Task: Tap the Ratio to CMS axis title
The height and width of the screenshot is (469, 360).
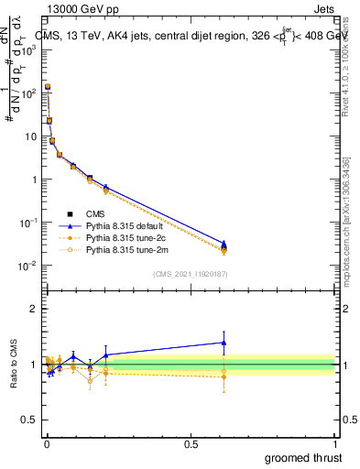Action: pyautogui.click(x=14, y=365)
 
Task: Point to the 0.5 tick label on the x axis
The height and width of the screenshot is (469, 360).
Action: pyautogui.click(x=191, y=442)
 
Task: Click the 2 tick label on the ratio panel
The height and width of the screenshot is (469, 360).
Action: pyautogui.click(x=34, y=309)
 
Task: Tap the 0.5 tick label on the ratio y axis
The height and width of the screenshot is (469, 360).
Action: pyautogui.click(x=29, y=420)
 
